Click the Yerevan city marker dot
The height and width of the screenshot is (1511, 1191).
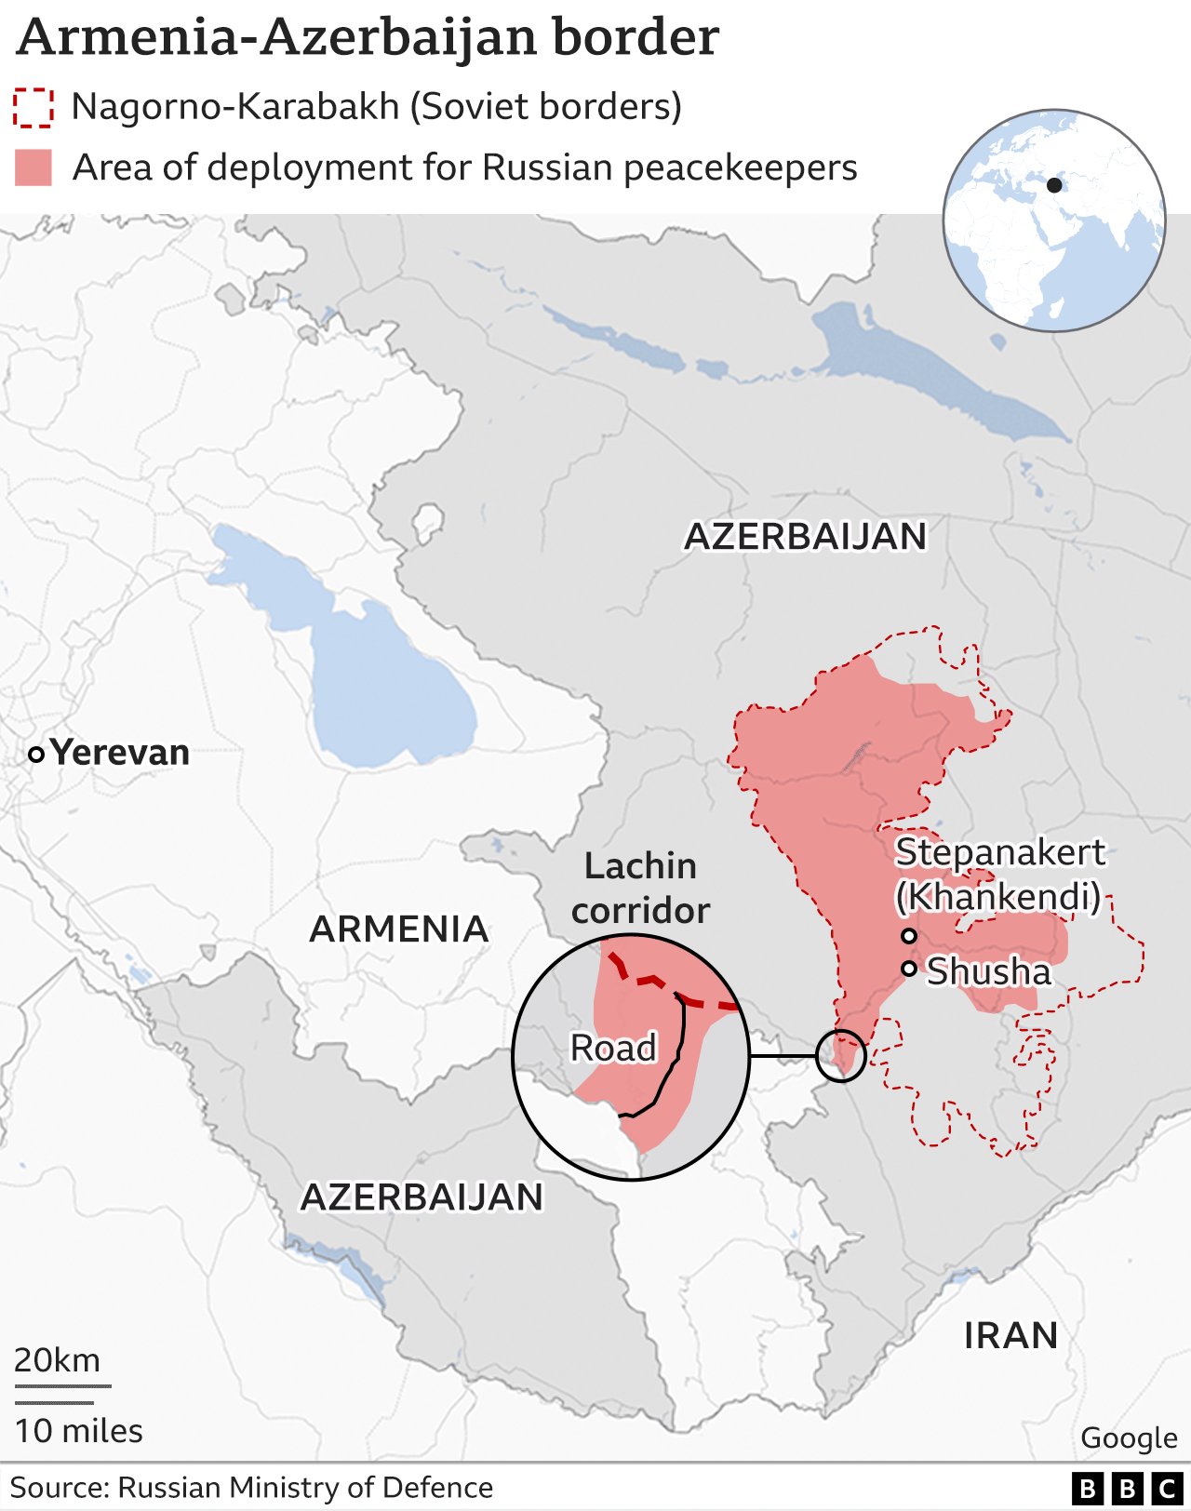36,755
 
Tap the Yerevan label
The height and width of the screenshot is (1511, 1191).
120,752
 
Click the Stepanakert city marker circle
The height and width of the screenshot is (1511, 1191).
909,936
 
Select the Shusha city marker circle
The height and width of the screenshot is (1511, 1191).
909,969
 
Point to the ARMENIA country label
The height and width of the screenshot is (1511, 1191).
399,929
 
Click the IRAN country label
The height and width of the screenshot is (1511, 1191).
1010,1335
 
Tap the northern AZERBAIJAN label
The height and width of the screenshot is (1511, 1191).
806,536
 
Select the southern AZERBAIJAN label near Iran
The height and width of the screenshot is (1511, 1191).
422,1197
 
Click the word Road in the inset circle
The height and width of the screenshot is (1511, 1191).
613,1048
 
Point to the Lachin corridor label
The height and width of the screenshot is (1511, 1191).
640,888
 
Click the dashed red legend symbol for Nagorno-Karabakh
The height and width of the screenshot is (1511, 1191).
33,107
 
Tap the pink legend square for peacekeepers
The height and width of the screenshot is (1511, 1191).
33,167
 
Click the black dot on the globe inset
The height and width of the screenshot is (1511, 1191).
1054,184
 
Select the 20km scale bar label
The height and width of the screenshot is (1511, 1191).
57,1360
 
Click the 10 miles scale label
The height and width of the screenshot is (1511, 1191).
79,1430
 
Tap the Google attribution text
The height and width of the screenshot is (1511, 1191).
1129,1437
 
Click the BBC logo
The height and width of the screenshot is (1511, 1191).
1127,1488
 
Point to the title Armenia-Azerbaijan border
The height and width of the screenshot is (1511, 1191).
368,37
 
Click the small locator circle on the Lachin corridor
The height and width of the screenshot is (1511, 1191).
841,1055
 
